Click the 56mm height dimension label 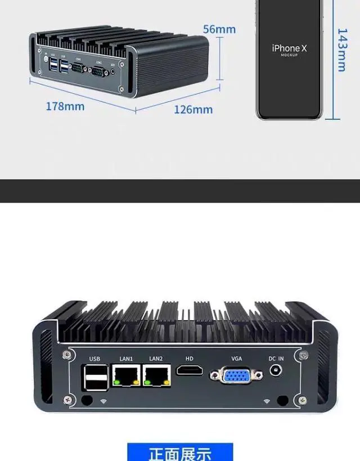coord(219,29)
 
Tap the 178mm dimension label coord(65,106)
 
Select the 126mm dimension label coord(193,109)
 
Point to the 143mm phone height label coord(341,50)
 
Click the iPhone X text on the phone coord(289,49)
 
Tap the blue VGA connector coord(236,375)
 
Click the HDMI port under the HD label coord(191,370)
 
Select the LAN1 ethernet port coord(127,375)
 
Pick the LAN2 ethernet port coord(156,375)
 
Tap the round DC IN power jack coord(276,370)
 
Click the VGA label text coord(236,358)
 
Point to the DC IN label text coord(276,358)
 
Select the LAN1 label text coord(126,358)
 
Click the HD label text coord(190,358)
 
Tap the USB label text coord(94,358)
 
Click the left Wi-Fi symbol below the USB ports coord(103,401)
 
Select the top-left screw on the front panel coord(67,356)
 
